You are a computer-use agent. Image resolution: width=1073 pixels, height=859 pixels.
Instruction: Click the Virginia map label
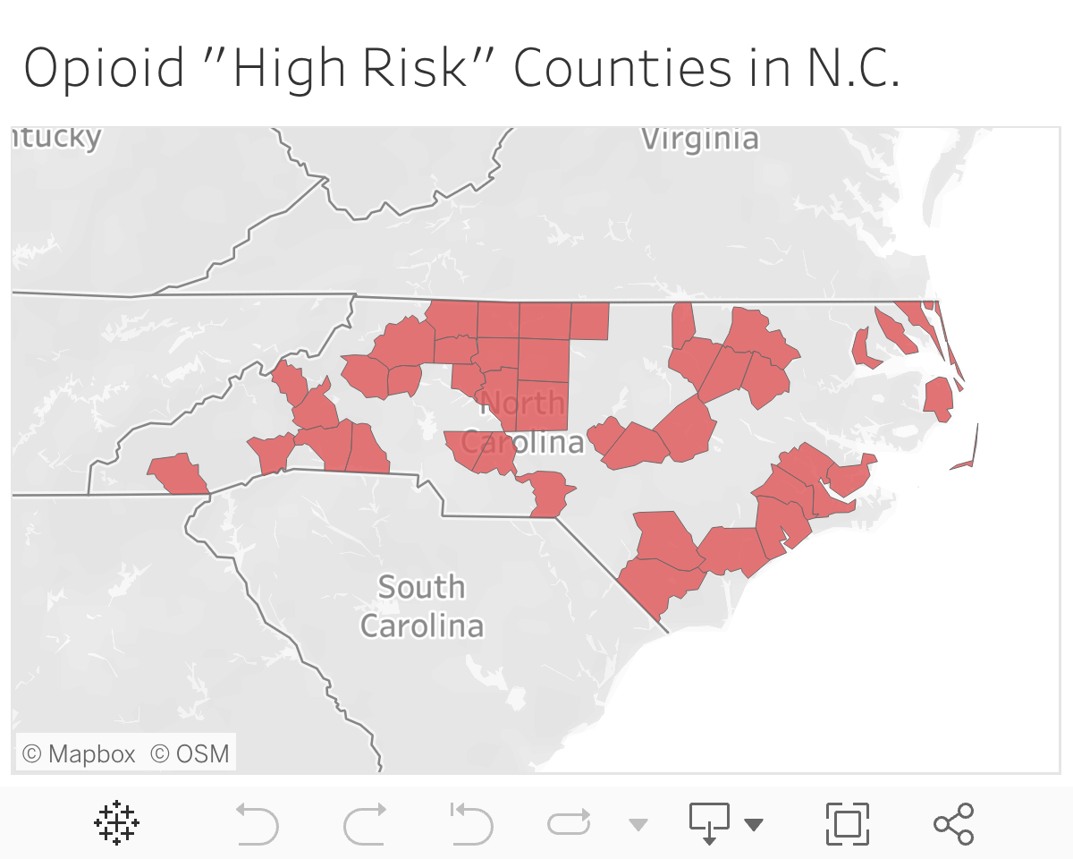pyautogui.click(x=700, y=139)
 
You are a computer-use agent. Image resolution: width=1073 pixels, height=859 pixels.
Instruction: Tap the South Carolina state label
pyautogui.click(x=421, y=606)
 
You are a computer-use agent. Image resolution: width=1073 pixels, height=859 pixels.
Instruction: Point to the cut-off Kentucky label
pyautogui.click(x=56, y=138)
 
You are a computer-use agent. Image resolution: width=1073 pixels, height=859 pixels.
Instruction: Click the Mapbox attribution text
pyautogui.click(x=79, y=753)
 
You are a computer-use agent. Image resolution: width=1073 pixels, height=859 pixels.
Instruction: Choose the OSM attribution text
pyautogui.click(x=190, y=753)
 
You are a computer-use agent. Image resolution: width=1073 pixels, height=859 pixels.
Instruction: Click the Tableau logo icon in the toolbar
pyautogui.click(x=116, y=823)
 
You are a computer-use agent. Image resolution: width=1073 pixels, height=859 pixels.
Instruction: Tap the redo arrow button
pyautogui.click(x=365, y=823)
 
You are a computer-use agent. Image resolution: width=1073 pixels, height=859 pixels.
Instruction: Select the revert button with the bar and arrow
pyautogui.click(x=471, y=823)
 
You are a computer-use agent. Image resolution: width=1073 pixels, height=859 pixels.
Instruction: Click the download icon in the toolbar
pyautogui.click(x=709, y=821)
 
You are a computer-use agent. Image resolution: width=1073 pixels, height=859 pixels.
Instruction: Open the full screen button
pyautogui.click(x=847, y=823)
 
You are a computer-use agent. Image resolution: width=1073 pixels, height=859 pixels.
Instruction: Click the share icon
pyautogui.click(x=953, y=823)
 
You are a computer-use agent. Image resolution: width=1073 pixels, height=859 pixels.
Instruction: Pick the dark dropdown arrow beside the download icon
pyautogui.click(x=754, y=824)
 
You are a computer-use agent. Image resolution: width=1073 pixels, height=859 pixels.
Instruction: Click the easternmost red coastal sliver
pyautogui.click(x=967, y=458)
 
